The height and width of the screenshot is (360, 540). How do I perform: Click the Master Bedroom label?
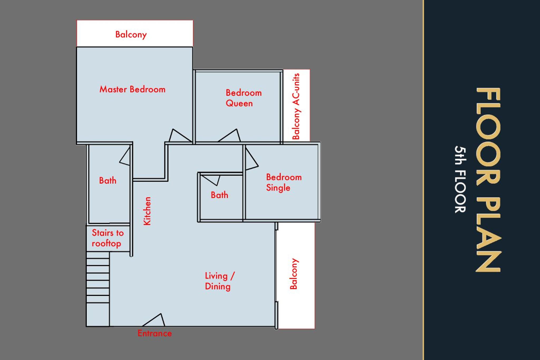coord(132,89)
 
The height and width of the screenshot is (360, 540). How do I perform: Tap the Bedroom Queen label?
coord(244,98)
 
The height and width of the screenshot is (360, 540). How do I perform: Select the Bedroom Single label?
coord(284,183)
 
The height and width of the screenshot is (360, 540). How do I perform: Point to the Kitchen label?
coord(147,211)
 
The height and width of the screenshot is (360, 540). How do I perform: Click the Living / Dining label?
coord(220,281)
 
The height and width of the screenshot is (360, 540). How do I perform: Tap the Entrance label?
coord(155,333)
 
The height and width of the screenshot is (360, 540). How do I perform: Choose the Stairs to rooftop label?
coord(108,238)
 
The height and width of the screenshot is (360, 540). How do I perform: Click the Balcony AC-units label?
coord(296,106)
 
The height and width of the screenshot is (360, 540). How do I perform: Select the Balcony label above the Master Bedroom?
coord(131,35)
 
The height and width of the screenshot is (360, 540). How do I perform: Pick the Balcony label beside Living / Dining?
coord(294,274)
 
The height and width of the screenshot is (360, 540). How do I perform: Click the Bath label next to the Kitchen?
coord(108,181)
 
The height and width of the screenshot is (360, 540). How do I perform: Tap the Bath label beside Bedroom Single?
coord(219,195)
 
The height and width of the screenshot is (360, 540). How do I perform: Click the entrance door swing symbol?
coord(154,320)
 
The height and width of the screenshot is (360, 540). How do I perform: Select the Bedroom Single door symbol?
coord(252,159)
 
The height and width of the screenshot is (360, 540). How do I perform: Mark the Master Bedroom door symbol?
coord(180,135)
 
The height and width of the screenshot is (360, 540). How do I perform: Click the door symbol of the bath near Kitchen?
coord(125,156)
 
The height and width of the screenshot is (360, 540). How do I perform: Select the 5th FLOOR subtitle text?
coord(460,179)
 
